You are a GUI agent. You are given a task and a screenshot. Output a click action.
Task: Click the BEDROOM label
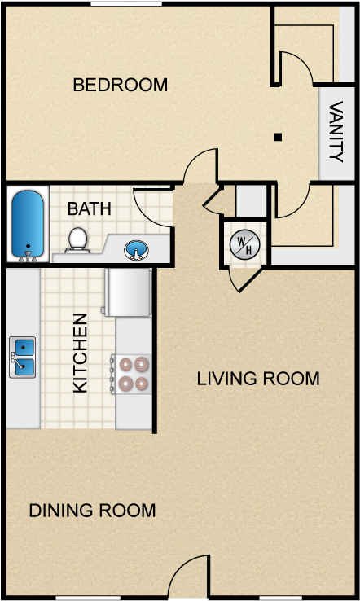(120, 85)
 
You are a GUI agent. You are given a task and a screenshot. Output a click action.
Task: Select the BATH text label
(90, 208)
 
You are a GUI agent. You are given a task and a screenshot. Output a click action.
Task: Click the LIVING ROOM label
(257, 379)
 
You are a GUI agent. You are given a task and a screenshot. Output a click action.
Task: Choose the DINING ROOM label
(92, 511)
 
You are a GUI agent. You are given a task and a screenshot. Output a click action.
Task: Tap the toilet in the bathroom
(77, 239)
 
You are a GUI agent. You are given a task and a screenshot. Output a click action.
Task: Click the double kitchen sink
(23, 357)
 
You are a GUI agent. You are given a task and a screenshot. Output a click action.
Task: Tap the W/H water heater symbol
(243, 243)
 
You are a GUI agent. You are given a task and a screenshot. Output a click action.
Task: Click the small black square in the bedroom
(277, 137)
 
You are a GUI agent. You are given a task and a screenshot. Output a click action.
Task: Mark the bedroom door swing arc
(200, 168)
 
